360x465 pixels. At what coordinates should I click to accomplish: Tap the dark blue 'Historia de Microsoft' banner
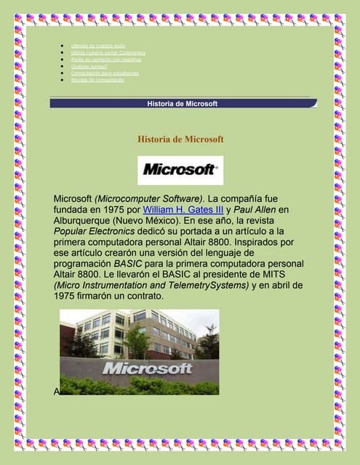(x=183, y=104)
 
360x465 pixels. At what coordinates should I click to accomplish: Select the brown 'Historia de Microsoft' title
(x=180, y=139)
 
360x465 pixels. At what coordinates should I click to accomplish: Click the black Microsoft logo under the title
(x=180, y=170)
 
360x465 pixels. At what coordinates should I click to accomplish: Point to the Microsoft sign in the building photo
(x=147, y=368)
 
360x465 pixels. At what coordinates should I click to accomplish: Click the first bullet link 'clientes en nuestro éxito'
(x=98, y=46)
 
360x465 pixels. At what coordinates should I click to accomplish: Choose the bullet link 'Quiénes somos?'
(x=89, y=66)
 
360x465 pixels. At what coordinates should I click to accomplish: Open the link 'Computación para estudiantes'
(x=105, y=73)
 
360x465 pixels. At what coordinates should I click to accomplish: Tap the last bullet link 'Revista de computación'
(x=97, y=80)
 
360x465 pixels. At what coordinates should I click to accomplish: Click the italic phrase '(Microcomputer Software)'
(x=151, y=198)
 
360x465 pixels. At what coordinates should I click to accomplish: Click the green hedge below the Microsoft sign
(x=138, y=385)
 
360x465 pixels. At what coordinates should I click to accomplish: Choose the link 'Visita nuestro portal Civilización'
(x=108, y=53)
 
